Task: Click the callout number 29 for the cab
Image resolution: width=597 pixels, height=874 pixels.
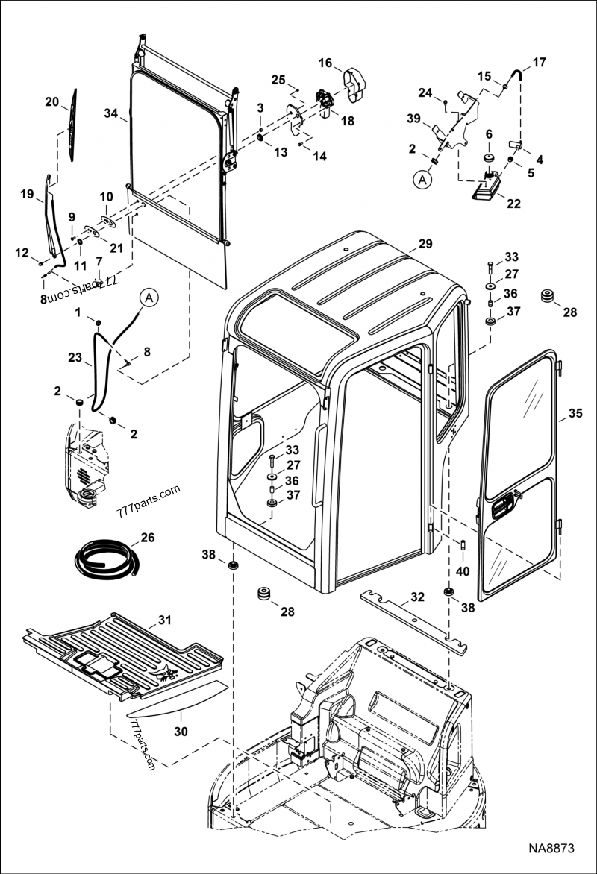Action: tap(425, 244)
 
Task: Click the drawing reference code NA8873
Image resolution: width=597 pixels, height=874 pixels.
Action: tap(552, 849)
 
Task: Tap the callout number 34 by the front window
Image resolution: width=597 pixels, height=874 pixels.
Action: tap(111, 114)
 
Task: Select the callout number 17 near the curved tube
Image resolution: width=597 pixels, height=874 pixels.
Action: tap(539, 62)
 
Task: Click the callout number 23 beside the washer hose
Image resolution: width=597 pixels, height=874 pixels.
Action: tap(75, 358)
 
